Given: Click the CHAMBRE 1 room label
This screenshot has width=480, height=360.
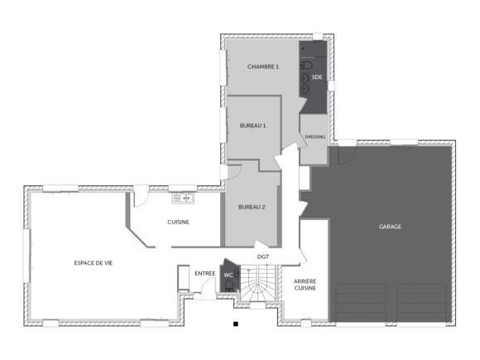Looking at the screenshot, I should coord(263,66).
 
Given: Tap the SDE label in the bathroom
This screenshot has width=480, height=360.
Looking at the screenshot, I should coord(316,76).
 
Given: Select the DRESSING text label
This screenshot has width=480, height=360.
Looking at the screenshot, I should coord(314,137).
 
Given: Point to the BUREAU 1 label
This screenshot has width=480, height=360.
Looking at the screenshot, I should coord(252,126).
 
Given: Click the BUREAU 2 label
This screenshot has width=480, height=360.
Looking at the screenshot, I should coord(252,207).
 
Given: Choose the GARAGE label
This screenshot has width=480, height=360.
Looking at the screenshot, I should coord(390,226).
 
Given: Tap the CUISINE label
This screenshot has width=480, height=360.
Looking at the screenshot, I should coord(179,222).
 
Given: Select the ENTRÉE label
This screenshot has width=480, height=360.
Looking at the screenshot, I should coord(204,272).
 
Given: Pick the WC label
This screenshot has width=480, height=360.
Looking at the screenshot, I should coord(228,275).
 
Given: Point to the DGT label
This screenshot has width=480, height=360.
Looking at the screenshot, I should coord(263,257).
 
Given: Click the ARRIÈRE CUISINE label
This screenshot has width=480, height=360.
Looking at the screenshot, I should coord(305,286).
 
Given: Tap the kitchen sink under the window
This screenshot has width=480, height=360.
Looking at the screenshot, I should coord(182,198).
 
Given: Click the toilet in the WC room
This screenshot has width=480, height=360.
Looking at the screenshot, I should coord(229,286).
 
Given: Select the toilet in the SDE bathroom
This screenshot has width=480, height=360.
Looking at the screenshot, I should coord(307,65).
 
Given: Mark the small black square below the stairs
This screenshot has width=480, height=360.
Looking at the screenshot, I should coord(236,324).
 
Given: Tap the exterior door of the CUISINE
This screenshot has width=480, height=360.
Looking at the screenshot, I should coord(142,194).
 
